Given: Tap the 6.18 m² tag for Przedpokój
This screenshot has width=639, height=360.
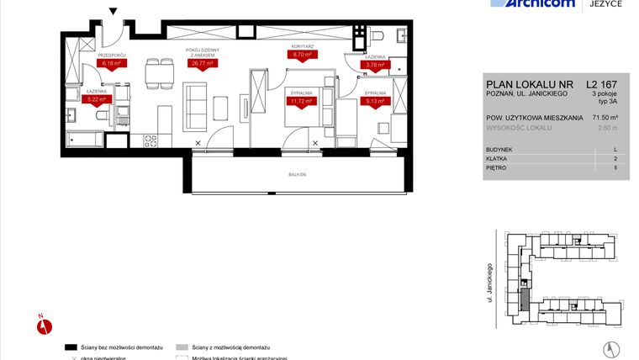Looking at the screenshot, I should point(111,63).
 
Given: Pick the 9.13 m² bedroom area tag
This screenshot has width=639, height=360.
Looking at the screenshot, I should point(374,101).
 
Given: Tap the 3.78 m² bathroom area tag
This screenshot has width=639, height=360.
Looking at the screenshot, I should point(372,64).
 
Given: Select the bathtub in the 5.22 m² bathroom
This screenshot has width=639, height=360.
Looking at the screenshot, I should point(84,139).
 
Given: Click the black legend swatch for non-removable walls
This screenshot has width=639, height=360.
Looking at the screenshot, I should point(72,347).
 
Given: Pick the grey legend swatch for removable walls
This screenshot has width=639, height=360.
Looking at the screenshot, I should point(182,347).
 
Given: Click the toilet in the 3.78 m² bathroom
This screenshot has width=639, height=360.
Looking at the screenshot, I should point(376,34).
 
